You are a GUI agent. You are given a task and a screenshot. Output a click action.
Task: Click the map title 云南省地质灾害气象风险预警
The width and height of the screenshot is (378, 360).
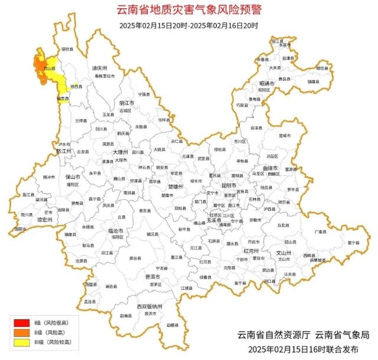pos(188,10)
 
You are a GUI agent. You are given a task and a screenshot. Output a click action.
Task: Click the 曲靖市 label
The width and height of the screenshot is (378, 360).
pos(271,168)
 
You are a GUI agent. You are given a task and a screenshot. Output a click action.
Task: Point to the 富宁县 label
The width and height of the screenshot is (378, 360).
pos(353,242)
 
